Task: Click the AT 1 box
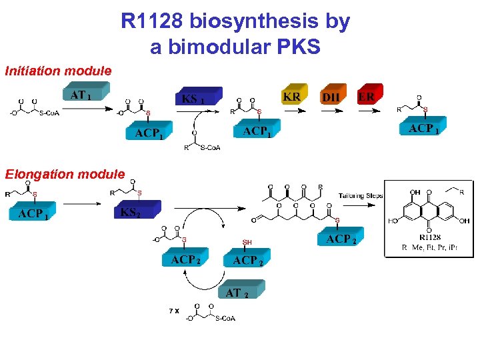coord(83,95)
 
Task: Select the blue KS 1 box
coord(194,99)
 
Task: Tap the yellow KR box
coord(292,97)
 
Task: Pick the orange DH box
coord(331,97)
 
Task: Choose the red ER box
coord(367,97)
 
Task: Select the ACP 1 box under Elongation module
coord(33,213)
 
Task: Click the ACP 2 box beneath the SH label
coord(248,261)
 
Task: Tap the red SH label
coord(247,242)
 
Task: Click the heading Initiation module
coord(58,70)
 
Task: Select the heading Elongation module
coord(65,174)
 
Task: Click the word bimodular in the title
coord(217,47)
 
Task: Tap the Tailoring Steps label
coord(361,195)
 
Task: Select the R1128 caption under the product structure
coord(430,237)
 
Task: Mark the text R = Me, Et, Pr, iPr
coord(429,247)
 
